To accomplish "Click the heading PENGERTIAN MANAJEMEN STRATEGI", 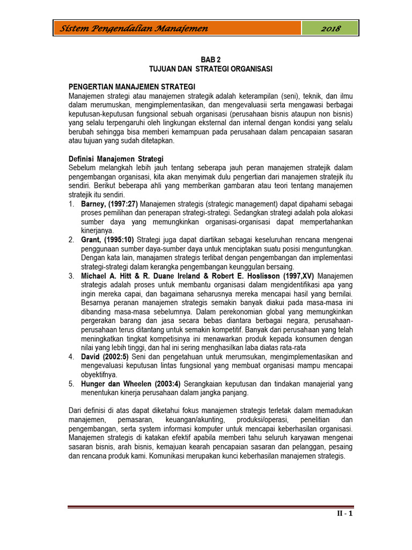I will pos(132,87).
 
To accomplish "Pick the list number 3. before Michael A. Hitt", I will pos(71,276).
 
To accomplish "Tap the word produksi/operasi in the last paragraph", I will pos(264,419).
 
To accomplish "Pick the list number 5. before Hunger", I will pos(71,383).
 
